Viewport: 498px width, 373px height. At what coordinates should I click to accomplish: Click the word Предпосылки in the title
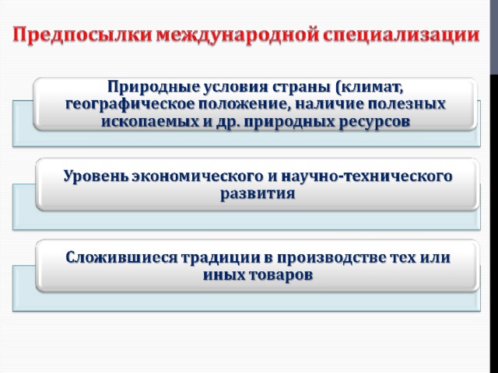click(83, 36)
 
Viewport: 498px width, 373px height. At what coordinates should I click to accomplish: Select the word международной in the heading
click(237, 36)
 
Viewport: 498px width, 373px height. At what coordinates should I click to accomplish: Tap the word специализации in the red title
click(402, 36)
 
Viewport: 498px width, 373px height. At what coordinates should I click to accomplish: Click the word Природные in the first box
click(154, 87)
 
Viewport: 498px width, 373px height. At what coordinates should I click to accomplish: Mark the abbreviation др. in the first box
click(227, 122)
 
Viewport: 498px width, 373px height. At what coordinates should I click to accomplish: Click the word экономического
click(198, 176)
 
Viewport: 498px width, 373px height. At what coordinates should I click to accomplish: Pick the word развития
click(258, 193)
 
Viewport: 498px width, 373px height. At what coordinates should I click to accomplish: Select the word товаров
click(280, 275)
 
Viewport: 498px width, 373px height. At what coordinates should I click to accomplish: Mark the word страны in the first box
click(302, 88)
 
